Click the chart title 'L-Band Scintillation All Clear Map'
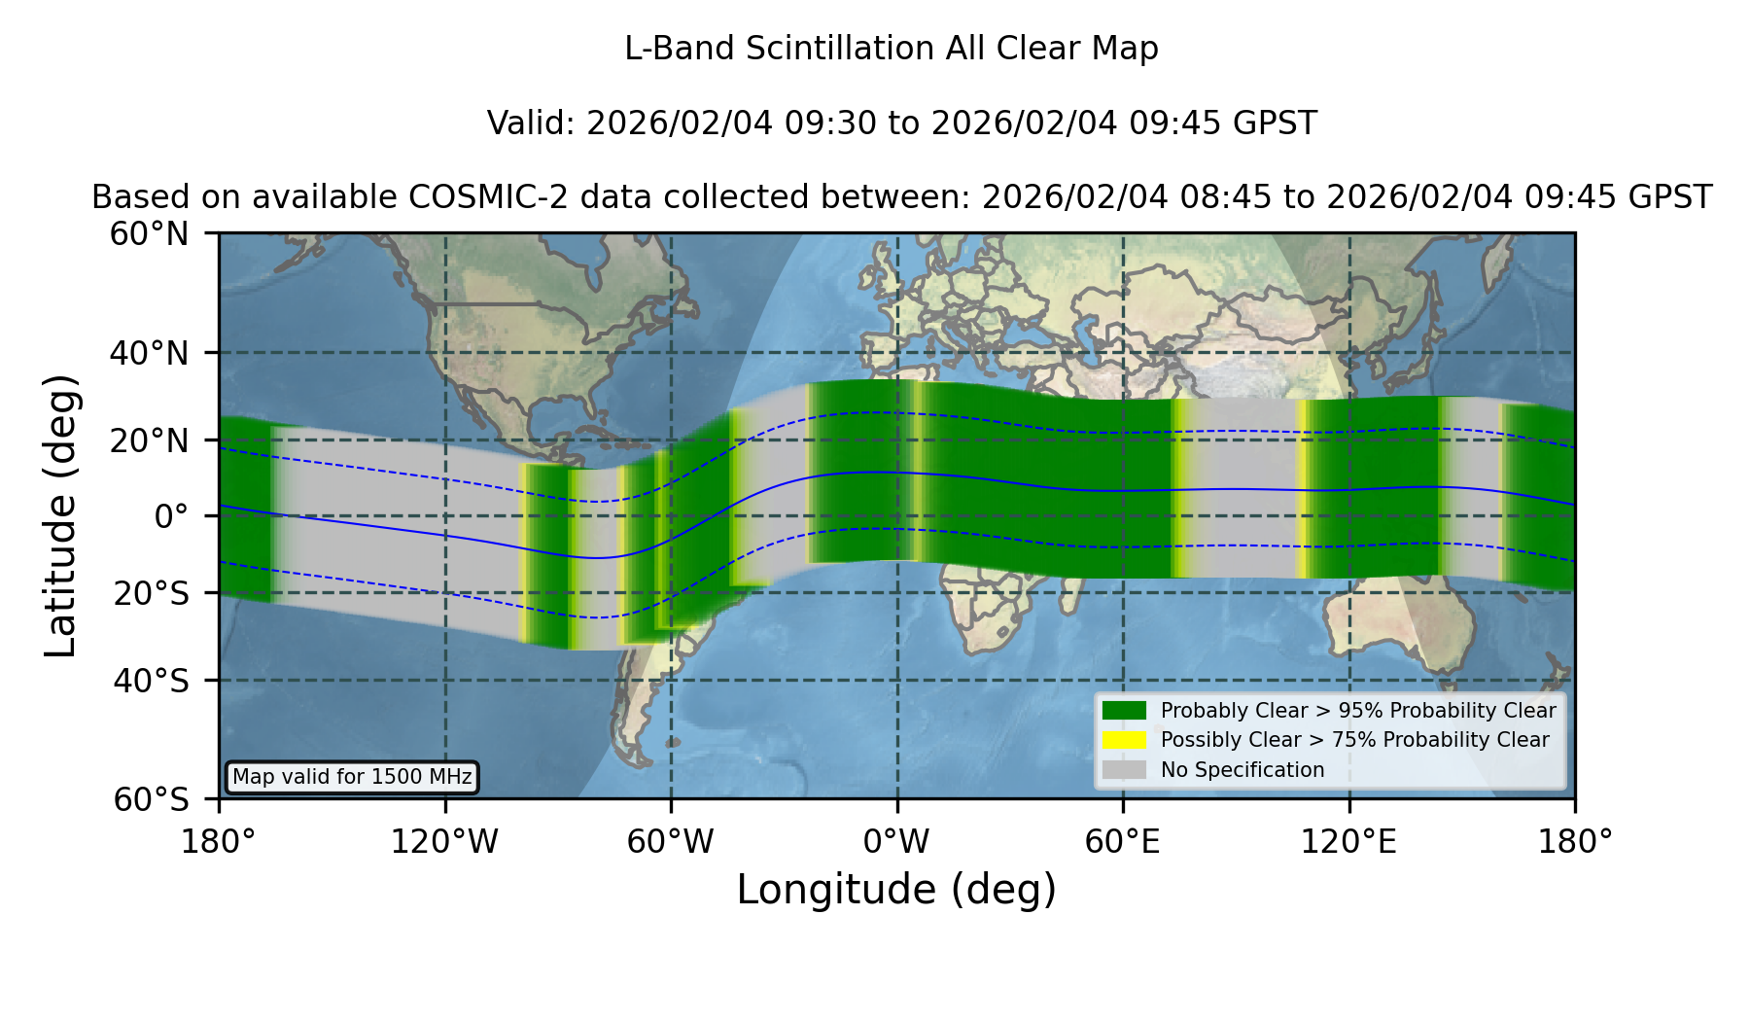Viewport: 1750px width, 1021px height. [892, 49]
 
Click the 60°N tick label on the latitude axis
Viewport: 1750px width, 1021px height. [149, 233]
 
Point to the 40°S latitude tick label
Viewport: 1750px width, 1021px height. [151, 681]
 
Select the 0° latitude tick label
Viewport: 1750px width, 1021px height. [171, 516]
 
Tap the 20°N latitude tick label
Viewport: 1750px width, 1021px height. [149, 440]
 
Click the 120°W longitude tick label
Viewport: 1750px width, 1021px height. [444, 841]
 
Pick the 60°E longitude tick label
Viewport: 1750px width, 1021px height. [1123, 841]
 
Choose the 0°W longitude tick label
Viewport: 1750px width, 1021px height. [896, 841]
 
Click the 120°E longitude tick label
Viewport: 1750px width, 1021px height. [1348, 841]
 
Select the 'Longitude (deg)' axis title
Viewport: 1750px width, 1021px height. [896, 890]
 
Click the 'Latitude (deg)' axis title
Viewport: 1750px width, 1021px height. [60, 515]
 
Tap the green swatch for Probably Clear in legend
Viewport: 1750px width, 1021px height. [1125, 711]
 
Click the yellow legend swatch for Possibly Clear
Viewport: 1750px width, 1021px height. [1125, 740]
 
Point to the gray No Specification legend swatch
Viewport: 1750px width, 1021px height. [1125, 770]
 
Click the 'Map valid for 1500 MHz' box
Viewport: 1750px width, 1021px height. [352, 777]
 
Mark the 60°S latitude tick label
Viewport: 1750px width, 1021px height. [151, 799]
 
